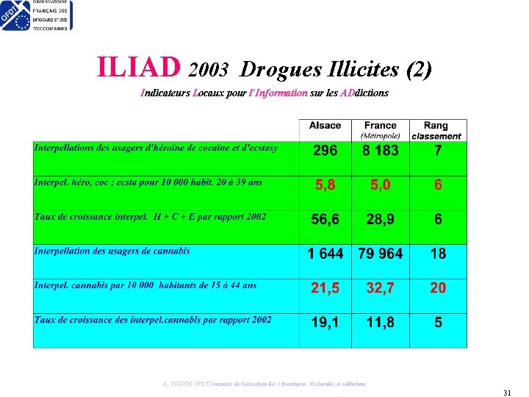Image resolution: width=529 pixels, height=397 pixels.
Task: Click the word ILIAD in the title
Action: [x=139, y=68]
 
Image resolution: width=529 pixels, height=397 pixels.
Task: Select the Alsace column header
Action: [x=325, y=126]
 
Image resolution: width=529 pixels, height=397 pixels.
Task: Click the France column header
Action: [x=380, y=126]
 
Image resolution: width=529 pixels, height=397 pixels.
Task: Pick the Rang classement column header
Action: [x=436, y=130]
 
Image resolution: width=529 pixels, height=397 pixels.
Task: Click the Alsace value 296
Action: [x=325, y=151]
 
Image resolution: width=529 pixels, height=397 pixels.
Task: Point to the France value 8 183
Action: [x=380, y=151]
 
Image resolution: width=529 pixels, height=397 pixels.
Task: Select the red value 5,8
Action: [x=325, y=185]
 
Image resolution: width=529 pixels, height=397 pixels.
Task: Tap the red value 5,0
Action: [x=380, y=185]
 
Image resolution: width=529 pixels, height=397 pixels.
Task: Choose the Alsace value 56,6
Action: [x=325, y=220]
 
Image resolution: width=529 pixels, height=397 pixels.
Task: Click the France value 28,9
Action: [x=380, y=220]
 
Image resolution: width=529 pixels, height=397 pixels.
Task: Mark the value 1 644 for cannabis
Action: [x=325, y=254]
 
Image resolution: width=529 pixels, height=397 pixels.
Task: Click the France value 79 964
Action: [x=380, y=254]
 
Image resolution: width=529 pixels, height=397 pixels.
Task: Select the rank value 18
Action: [x=438, y=254]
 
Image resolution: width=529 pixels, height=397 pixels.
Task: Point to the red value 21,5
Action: [x=325, y=288]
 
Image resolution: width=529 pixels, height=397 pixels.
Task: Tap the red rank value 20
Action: [x=438, y=288]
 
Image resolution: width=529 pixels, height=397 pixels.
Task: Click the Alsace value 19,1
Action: [x=325, y=322]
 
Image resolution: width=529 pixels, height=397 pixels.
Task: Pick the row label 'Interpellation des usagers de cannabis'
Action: [x=112, y=251]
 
